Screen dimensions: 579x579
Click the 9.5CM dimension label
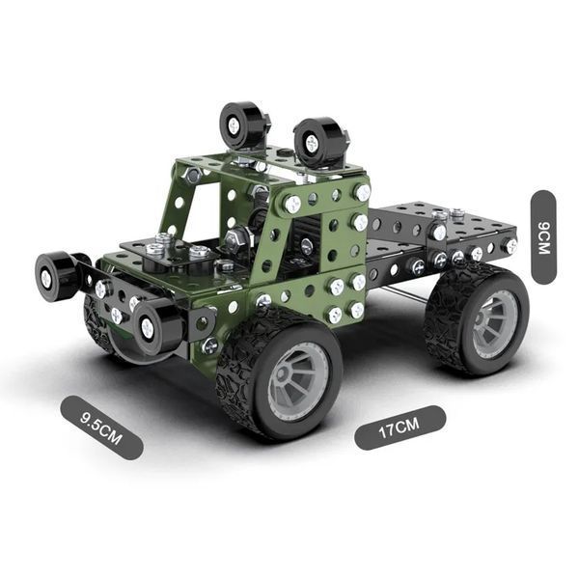100,427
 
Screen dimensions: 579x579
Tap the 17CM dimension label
400,427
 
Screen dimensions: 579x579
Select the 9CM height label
543,237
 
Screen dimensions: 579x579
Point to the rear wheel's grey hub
495,325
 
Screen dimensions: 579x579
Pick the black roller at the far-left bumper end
56,272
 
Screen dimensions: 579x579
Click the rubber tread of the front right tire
240,372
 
